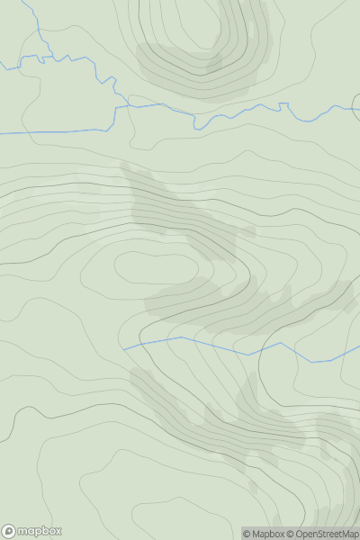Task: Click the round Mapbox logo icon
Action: pyautogui.click(x=9, y=532)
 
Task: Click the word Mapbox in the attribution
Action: pyautogui.click(x=268, y=534)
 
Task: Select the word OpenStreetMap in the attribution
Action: pyautogui.click(x=327, y=534)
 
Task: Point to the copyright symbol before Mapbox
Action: pyautogui.click(x=247, y=534)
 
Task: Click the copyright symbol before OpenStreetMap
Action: pyautogui.click(x=292, y=534)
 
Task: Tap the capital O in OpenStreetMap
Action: pyautogui.click(x=301, y=534)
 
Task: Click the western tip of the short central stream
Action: pyautogui.click(x=124, y=348)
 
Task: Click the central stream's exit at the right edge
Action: pyautogui.click(x=359, y=357)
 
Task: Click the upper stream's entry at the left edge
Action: pyautogui.click(x=1, y=67)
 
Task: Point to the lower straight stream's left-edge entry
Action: pyautogui.click(x=1, y=133)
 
